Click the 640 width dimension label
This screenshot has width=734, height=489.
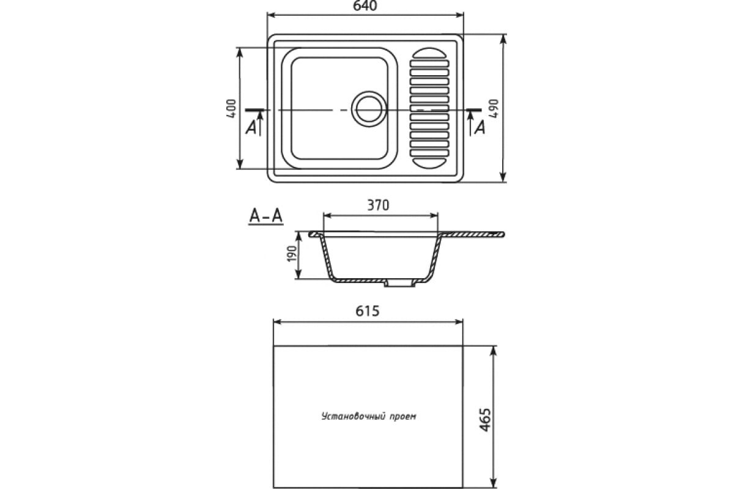click(365, 6)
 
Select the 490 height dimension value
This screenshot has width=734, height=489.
click(494, 108)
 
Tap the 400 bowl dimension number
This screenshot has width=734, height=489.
click(231, 108)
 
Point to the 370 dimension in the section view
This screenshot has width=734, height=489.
click(378, 205)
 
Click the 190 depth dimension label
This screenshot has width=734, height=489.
click(292, 254)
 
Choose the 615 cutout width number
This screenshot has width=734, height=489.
click(368, 311)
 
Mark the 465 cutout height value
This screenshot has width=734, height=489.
click(485, 420)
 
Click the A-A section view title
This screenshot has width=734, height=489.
click(265, 216)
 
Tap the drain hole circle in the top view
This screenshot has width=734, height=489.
click(369, 109)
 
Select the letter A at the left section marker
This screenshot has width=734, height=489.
click(251, 128)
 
